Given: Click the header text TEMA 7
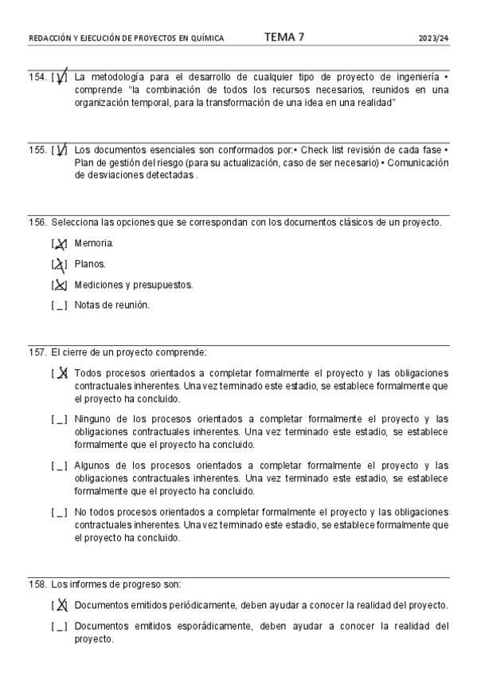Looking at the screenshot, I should tap(283, 37).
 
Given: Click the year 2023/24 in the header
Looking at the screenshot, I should tap(434, 38).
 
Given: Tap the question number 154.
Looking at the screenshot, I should tap(37, 77).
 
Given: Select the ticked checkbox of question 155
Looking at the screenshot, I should tap(59, 151).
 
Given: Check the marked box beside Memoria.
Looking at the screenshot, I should tap(59, 244).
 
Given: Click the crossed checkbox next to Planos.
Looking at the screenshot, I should tap(59, 265).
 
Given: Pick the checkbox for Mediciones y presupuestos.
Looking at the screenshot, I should tap(59, 285).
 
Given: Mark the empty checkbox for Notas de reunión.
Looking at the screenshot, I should tap(59, 305).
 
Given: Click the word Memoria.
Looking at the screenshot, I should tap(94, 243).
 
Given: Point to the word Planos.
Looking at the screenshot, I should tap(90, 264).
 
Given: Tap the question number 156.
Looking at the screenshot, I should tap(37, 222).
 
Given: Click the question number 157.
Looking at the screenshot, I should tap(37, 352).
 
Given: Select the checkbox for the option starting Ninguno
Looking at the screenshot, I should tap(59, 419).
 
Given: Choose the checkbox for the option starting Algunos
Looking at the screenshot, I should tap(59, 466).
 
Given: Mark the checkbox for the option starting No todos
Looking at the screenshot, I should tap(59, 513).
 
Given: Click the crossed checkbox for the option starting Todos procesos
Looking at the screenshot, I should tap(59, 373).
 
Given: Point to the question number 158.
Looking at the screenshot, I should tap(37, 584).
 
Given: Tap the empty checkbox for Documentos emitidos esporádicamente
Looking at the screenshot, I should tap(59, 627).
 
